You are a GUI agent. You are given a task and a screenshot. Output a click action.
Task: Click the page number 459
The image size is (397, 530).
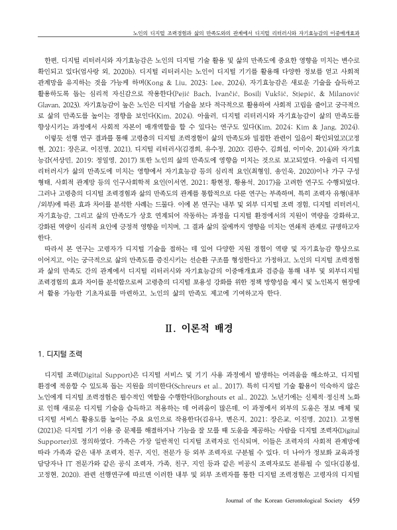[354, 518]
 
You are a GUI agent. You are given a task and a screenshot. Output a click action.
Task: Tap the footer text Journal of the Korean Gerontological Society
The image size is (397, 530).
[282, 518]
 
